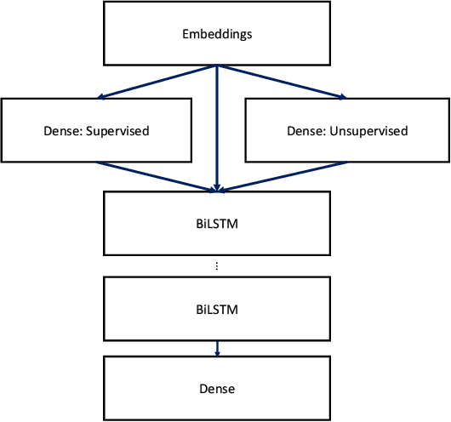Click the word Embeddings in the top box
[217, 35]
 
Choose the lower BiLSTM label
[217, 309]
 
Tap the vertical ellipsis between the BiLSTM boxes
[217, 266]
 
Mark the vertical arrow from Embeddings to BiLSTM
[217, 128]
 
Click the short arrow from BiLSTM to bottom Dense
[217, 347]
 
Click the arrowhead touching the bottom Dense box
[217, 353]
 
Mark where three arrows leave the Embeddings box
[217, 66]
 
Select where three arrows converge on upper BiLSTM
[217, 190]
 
